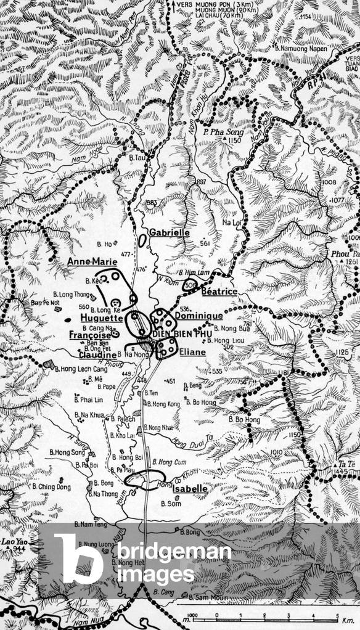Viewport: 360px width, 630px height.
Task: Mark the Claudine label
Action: coord(97,355)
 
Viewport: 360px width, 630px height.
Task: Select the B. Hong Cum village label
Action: coord(163,461)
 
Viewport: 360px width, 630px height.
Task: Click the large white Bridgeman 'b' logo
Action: coord(78,558)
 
